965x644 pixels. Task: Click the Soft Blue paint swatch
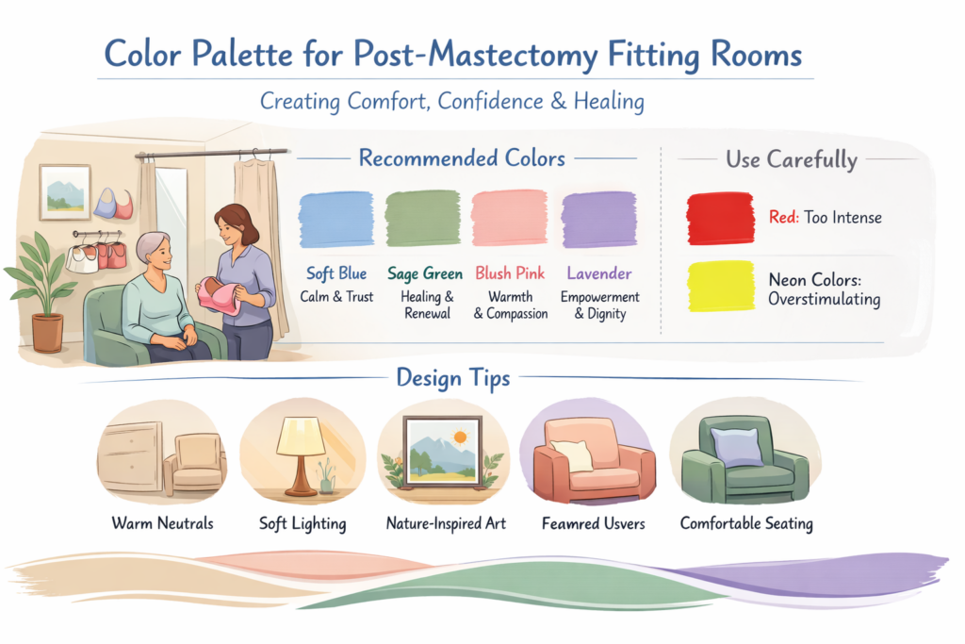[336, 220]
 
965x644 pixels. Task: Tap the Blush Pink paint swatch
[510, 220]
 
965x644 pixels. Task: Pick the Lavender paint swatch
[598, 220]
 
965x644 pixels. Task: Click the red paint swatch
[720, 218]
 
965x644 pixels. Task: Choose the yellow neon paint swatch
[720, 286]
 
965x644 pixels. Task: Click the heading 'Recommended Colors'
[461, 157]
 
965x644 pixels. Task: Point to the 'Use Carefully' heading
[791, 159]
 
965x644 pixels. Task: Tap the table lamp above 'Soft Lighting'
[301, 454]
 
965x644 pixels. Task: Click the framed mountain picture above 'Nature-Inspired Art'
[441, 452]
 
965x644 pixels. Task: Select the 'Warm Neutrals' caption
[162, 522]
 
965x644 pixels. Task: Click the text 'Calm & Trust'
[336, 296]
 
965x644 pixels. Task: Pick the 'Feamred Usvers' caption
[593, 522]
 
